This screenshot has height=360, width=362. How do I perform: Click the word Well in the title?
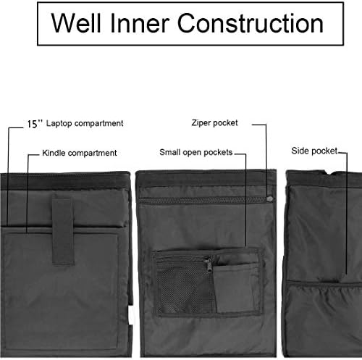(x=76, y=23)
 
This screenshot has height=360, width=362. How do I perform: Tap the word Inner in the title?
(x=140, y=23)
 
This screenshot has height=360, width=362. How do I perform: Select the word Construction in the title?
(x=251, y=23)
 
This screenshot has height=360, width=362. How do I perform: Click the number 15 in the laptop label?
(x=32, y=124)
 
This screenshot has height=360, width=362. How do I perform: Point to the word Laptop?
(x=59, y=123)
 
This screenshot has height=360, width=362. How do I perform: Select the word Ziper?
(x=201, y=123)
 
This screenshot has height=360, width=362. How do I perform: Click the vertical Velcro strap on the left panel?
(x=63, y=231)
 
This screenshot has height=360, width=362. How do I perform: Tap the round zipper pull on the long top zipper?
(x=269, y=199)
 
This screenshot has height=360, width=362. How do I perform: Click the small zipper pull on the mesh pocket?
(x=209, y=265)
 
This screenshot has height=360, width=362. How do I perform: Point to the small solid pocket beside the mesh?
(x=236, y=288)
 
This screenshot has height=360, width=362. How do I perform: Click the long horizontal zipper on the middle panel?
(x=205, y=200)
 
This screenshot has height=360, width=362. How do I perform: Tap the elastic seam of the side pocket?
(x=324, y=283)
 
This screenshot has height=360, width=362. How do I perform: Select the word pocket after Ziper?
(x=225, y=123)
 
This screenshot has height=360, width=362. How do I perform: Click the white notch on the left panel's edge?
(x=130, y=315)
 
